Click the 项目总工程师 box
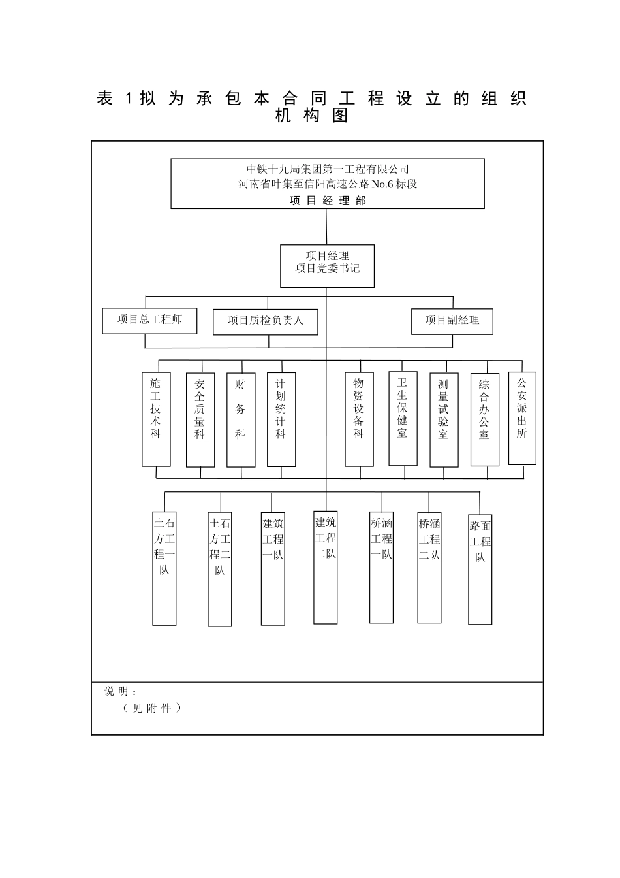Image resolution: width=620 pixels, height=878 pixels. coord(149,321)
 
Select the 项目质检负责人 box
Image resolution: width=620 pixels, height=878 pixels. coord(265,322)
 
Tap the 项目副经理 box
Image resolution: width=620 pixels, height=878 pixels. coord(452,321)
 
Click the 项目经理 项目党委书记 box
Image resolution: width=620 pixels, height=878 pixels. coord(327,266)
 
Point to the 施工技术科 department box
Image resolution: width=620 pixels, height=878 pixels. coord(156,419)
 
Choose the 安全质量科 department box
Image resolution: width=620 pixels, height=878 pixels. coord(200,420)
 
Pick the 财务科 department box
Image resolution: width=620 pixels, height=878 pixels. coord(241,420)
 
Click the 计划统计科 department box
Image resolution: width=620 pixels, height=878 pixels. coord(281,419)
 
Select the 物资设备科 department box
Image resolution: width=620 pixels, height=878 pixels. coord(359,419)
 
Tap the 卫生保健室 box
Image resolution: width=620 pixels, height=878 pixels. coord(403,419)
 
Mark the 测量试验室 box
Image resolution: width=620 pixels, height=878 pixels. coord(444,420)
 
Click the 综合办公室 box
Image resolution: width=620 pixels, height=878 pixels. coord(485,419)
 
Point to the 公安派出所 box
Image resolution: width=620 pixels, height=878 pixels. coord(523,418)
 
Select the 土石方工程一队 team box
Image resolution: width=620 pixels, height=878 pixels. coord(164,568)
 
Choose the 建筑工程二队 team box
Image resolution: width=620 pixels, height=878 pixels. coord(326,567)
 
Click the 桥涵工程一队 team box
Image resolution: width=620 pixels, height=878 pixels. coord(382,567)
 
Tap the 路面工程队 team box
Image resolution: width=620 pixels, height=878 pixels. coord(480,570)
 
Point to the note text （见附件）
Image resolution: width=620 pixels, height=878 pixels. coord(152,708)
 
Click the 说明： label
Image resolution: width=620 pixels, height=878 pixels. coord(120,691)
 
